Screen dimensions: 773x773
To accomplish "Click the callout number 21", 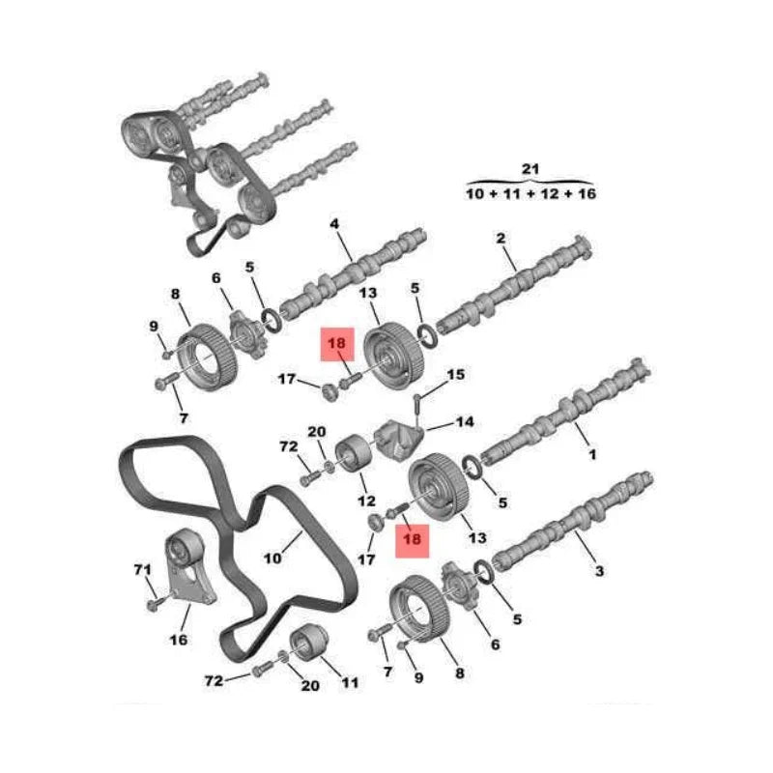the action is click(530, 169).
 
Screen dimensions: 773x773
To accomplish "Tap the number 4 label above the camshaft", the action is click(334, 224).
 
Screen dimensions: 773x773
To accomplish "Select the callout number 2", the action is click(501, 239).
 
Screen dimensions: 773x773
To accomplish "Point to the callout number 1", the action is click(592, 454).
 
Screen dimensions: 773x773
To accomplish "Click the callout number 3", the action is click(599, 571).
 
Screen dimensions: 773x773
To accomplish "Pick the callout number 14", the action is click(465, 421).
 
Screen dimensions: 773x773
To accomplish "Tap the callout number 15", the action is click(455, 375).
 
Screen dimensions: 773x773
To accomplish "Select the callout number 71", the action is click(142, 569).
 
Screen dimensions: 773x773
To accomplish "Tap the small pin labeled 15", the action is click(416, 406).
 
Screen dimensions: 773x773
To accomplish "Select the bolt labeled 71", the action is click(154, 603).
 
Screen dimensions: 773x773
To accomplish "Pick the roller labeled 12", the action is click(354, 453).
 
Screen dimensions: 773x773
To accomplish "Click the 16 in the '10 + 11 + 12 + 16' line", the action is click(587, 194).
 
